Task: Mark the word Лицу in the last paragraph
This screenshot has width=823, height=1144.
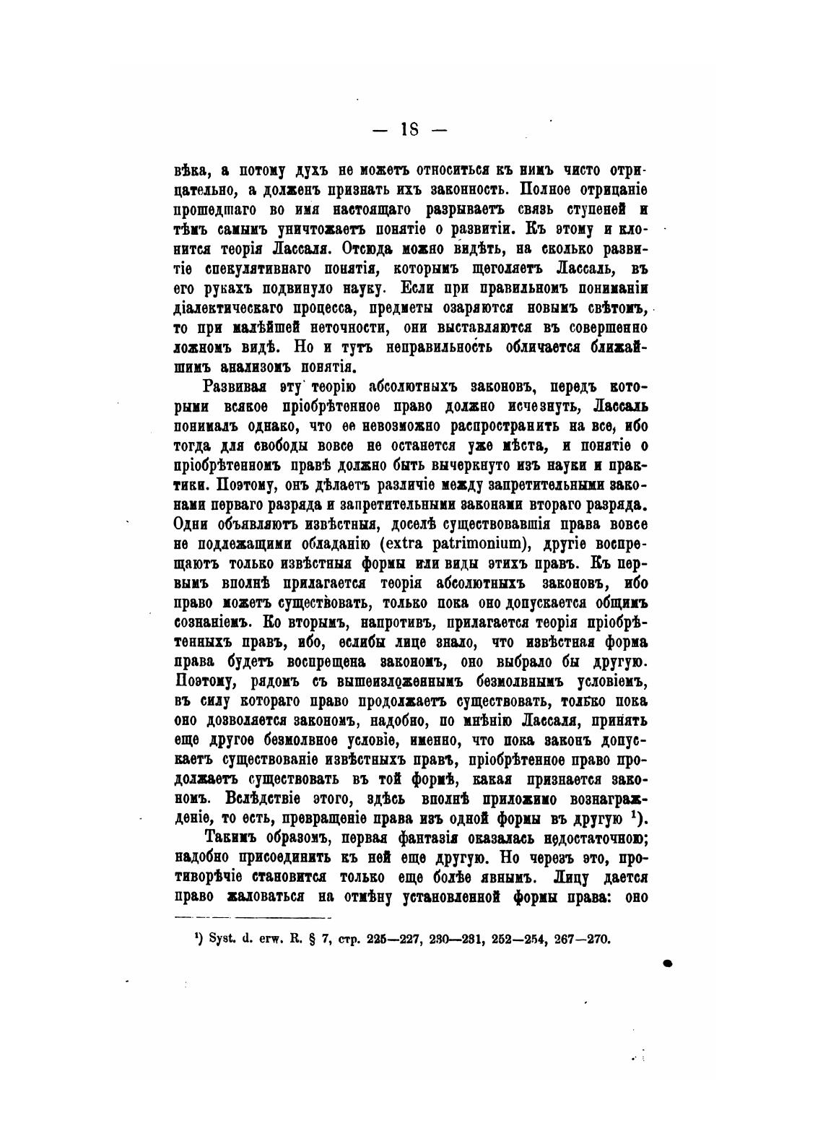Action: pos(572,877)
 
